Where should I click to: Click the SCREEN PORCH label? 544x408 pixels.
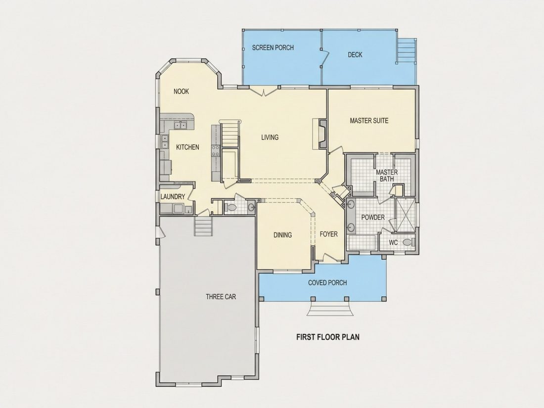pyautogui.click(x=272, y=47)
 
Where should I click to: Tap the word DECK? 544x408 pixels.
pyautogui.click(x=355, y=54)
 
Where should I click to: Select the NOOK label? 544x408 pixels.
pyautogui.click(x=181, y=91)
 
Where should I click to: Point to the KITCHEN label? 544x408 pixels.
pyautogui.click(x=188, y=147)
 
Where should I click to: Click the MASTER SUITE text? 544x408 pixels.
pyautogui.click(x=369, y=121)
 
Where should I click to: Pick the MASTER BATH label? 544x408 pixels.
pyautogui.click(x=387, y=176)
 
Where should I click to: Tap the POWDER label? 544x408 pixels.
pyautogui.click(x=373, y=217)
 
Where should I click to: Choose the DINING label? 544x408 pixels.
pyautogui.click(x=283, y=235)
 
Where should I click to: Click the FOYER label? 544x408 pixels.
pyautogui.click(x=328, y=234)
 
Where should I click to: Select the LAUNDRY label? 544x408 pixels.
pyautogui.click(x=173, y=197)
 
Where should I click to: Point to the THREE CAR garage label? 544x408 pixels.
pyautogui.click(x=221, y=297)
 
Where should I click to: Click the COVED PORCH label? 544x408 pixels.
pyautogui.click(x=327, y=283)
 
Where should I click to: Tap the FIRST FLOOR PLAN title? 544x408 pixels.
pyautogui.click(x=328, y=337)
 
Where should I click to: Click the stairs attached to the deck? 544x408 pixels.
pyautogui.click(x=406, y=50)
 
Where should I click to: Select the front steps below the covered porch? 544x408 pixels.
pyautogui.click(x=330, y=309)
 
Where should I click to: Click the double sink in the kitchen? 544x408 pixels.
pyautogui.click(x=181, y=125)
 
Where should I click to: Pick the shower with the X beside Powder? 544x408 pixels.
pyautogui.click(x=406, y=215)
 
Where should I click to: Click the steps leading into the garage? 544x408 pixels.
pyautogui.click(x=203, y=226)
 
